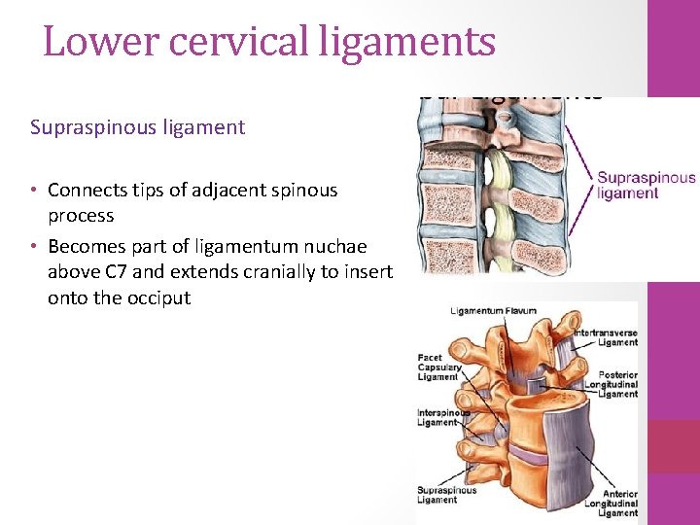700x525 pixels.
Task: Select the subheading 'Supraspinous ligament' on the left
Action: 137,127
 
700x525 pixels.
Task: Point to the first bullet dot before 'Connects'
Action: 34,191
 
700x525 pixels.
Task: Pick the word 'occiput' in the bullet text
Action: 158,297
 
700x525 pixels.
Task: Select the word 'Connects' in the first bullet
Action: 87,191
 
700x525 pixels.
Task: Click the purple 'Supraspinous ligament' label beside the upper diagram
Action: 646,185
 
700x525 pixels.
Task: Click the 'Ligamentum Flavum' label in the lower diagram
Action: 493,311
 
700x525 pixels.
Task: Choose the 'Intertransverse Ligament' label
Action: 607,336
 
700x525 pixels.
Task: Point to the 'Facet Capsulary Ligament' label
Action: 437,367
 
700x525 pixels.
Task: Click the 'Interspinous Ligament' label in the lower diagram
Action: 437,417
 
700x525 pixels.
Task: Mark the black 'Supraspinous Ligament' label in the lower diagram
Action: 447,495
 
